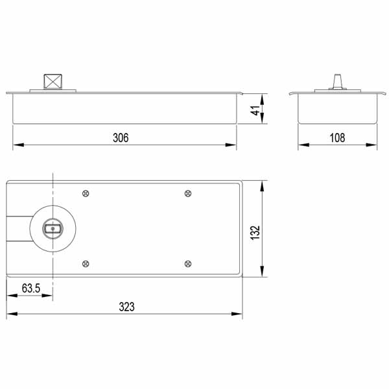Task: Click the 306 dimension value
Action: pyautogui.click(x=121, y=137)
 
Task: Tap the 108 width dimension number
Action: pyautogui.click(x=337, y=137)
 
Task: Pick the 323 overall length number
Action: pyautogui.click(x=127, y=307)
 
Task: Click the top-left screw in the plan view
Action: pyautogui.click(x=86, y=193)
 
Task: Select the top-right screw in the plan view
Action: pyautogui.click(x=188, y=193)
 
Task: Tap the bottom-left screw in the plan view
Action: pyautogui.click(x=86, y=263)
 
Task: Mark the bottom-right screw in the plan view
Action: pyautogui.click(x=188, y=263)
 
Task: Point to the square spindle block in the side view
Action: pyautogui.click(x=53, y=82)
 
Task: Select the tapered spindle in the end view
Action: pyautogui.click(x=337, y=81)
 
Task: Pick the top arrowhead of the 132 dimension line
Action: pyautogui.click(x=262, y=185)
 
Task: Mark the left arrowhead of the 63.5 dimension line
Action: pyautogui.click(x=10, y=295)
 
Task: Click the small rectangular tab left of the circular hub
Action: pyautogui.click(x=18, y=228)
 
